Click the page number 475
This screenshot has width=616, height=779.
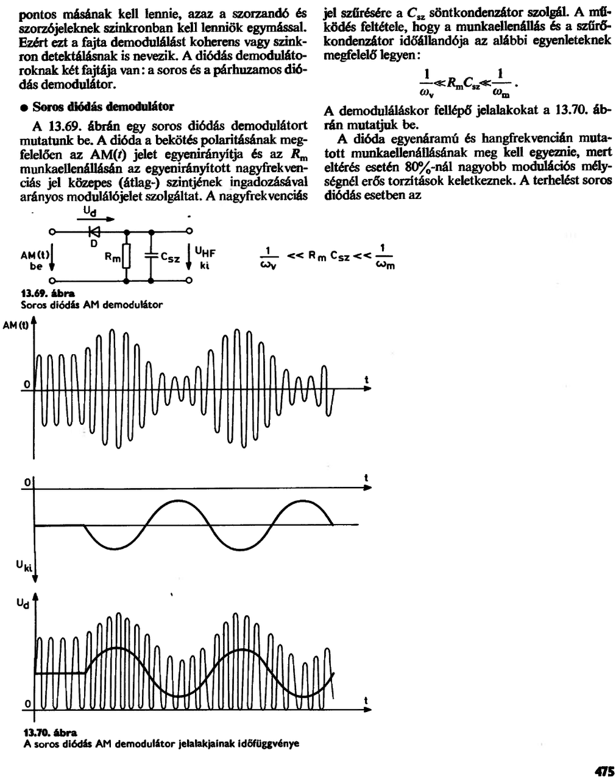pos(604,771)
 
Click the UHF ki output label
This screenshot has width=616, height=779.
pos(205,258)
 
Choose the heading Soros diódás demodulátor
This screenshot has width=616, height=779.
pos(103,107)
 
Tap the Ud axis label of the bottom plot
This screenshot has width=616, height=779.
pos(21,603)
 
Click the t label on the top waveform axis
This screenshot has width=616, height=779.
pos(366,380)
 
